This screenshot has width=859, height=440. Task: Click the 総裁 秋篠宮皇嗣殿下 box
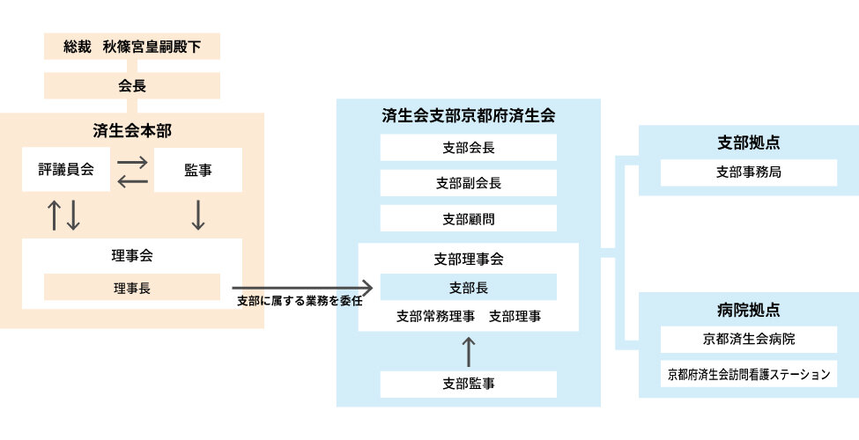tap(132, 47)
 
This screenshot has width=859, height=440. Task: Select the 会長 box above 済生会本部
tap(132, 86)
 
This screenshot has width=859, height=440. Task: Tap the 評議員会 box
tap(66, 170)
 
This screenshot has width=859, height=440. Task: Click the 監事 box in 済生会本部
tap(198, 170)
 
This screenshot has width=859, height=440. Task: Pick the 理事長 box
tap(132, 287)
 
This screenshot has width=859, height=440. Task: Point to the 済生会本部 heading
tap(132, 130)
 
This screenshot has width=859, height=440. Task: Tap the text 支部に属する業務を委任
tap(300, 301)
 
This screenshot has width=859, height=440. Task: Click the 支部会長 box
tap(469, 148)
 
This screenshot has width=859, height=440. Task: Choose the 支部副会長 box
tap(469, 183)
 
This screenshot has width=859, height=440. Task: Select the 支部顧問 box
tap(469, 218)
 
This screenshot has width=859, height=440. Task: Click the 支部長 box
tap(469, 287)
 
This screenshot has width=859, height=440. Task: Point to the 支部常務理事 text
tap(436, 316)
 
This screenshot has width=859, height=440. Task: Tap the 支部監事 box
tap(469, 384)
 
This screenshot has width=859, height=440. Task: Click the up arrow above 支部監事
tap(469, 351)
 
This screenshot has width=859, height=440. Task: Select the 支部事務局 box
tap(749, 172)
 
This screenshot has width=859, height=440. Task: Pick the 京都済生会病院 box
tap(749, 339)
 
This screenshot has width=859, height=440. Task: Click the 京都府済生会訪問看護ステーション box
tap(749, 374)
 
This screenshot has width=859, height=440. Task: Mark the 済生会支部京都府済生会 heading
tap(469, 115)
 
